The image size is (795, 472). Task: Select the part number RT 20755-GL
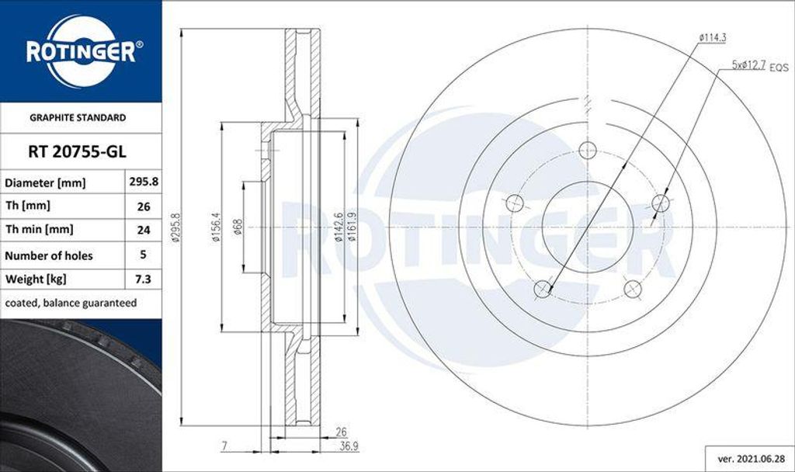pos(77,152)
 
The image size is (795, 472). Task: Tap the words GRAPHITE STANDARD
pos(78,118)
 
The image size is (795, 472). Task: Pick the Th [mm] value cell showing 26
pos(143,206)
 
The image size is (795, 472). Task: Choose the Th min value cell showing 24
pos(143,230)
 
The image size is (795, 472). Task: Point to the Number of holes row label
pos(49,255)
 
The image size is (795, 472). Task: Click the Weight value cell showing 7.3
pos(143,279)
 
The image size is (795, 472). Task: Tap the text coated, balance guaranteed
pos(71,303)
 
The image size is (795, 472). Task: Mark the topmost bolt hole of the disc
pos(587,151)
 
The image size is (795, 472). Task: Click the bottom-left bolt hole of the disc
pos(543,289)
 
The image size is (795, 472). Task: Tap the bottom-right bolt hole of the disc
pos(633,289)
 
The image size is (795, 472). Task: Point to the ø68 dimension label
pos(238,227)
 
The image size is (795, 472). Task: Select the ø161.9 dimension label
pos(352,227)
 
